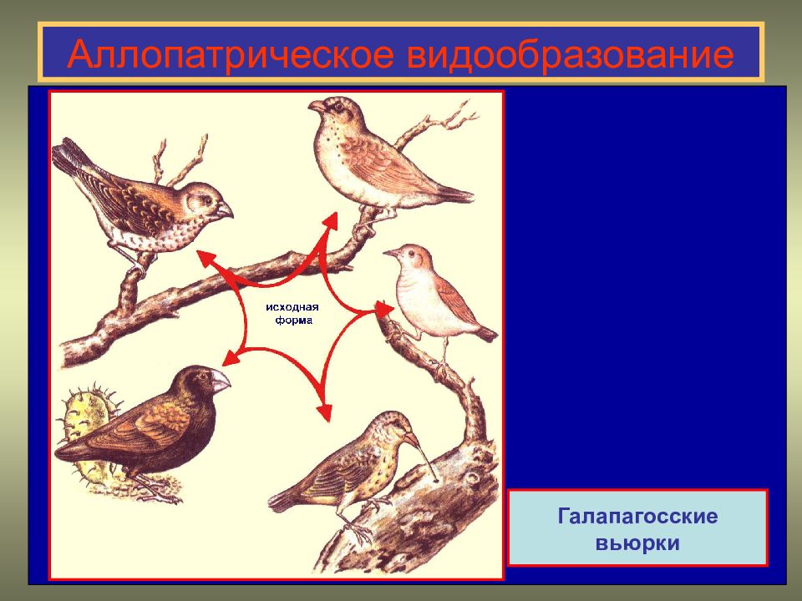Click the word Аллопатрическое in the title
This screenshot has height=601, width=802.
[231, 53]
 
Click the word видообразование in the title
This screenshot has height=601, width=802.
[571, 53]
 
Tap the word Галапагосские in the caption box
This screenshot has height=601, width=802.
[637, 516]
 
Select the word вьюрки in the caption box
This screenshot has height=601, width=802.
[637, 543]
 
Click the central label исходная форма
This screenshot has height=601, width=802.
[292, 313]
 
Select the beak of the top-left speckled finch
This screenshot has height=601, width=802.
[225, 210]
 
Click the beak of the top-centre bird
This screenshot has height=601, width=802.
[316, 106]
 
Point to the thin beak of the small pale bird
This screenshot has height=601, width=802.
[391, 252]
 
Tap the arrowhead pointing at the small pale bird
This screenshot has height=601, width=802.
[384, 308]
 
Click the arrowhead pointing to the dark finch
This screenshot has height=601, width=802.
[231, 358]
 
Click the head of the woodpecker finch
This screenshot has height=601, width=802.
[393, 427]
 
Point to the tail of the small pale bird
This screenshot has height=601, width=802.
[486, 334]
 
